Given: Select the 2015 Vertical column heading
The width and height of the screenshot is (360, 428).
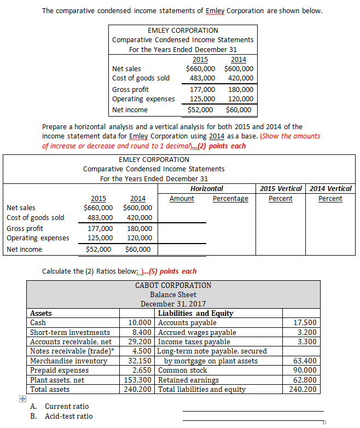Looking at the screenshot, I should (281, 188).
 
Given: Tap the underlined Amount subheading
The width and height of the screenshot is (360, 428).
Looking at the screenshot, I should (182, 198).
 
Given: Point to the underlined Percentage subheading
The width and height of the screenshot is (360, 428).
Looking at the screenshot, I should (230, 198).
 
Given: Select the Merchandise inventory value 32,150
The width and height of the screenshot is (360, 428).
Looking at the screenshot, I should (140, 361).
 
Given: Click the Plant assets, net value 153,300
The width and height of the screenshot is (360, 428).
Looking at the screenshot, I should (138, 380).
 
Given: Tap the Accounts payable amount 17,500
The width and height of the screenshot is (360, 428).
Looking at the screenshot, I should (305, 323).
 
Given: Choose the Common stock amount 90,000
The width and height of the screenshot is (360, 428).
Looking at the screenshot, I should (305, 370).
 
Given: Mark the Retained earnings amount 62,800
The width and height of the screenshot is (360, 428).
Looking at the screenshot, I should (305, 380).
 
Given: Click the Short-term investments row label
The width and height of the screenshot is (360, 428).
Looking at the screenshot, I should (70, 332).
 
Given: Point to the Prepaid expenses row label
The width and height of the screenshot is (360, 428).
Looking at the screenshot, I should (59, 370).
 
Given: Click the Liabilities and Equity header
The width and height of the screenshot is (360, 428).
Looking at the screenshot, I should (195, 313).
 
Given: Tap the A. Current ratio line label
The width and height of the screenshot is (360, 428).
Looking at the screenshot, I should (60, 406).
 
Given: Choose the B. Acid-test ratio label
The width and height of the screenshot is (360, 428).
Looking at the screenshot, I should (61, 416).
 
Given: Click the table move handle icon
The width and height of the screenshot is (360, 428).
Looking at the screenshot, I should (22, 398).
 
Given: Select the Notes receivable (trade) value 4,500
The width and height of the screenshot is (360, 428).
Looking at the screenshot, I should (142, 351).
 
